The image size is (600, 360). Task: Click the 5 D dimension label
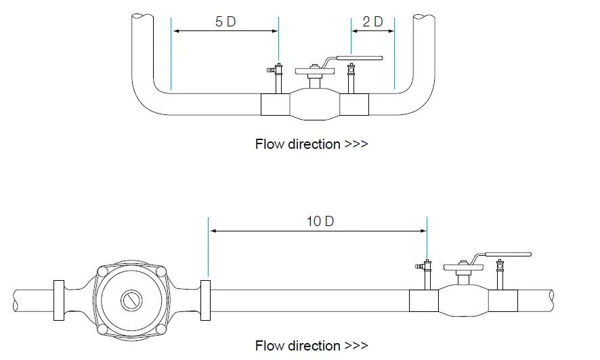[226, 21]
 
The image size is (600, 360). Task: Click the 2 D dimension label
[372, 21]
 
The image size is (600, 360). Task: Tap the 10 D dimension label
[320, 221]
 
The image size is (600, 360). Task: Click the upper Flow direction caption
[312, 144]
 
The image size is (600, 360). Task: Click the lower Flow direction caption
[312, 346]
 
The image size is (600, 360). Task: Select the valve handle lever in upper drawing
[359, 59]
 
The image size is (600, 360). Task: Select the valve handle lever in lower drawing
[508, 255]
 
